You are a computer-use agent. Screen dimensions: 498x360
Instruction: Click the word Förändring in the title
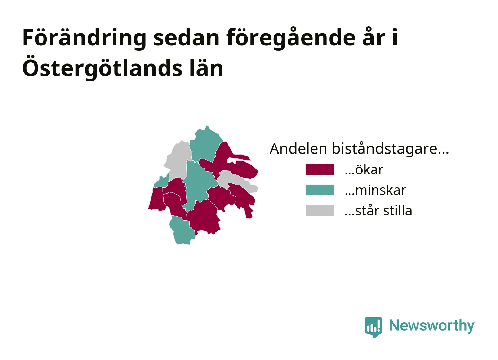[84, 38]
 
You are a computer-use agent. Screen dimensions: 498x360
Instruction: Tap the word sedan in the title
[187, 38]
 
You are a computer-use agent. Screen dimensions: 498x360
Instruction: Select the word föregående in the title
[291, 38]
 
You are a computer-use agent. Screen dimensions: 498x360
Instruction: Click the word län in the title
[206, 68]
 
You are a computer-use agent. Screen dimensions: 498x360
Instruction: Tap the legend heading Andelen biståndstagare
[359, 148]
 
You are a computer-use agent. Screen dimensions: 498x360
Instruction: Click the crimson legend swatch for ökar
[320, 169]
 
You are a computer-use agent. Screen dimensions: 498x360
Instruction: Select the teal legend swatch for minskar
[320, 190]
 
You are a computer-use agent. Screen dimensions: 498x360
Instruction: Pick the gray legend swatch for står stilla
[320, 210]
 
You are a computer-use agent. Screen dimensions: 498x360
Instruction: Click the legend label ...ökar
[364, 170]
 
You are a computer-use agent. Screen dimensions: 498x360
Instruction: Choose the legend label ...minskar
[375, 190]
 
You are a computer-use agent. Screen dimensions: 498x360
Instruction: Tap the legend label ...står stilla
[378, 211]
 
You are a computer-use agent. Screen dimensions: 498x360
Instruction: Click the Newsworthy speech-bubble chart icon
[373, 327]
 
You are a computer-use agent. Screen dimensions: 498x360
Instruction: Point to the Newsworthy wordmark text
[432, 326]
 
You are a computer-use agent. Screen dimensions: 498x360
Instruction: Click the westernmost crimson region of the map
[157, 199]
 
